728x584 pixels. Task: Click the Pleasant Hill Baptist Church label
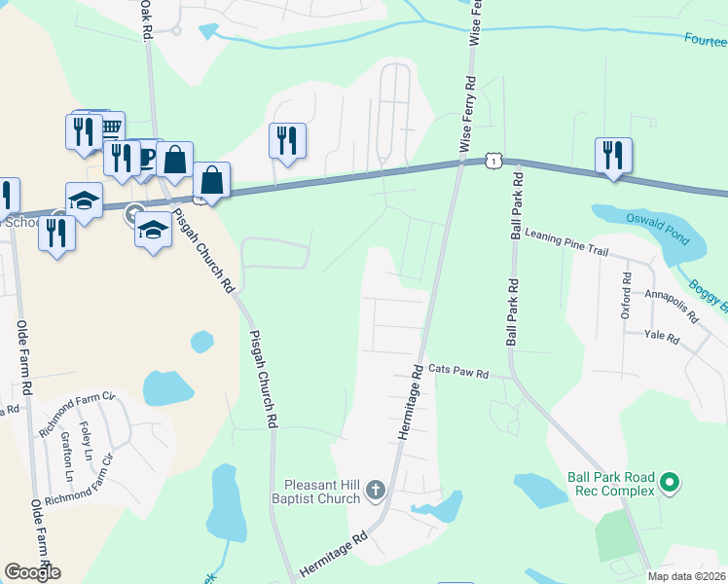pyautogui.click(x=322, y=492)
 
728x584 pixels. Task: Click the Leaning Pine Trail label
pyautogui.click(x=565, y=242)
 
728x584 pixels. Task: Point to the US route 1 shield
pyautogui.click(x=495, y=159)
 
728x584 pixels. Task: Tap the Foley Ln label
pyautogui.click(x=86, y=442)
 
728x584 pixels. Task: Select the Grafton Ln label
pyautogui.click(x=68, y=461)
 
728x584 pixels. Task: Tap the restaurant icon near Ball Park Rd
pyautogui.click(x=613, y=155)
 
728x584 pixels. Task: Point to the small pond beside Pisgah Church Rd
pyautogui.click(x=201, y=342)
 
